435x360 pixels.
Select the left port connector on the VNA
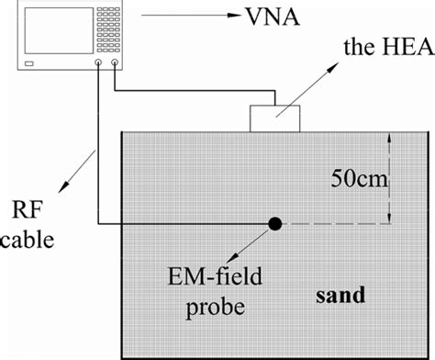pyautogui.click(x=98, y=65)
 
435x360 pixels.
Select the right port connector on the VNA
pyautogui.click(x=114, y=65)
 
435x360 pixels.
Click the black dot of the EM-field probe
pyautogui.click(x=273, y=223)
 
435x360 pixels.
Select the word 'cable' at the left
pyautogui.click(x=28, y=242)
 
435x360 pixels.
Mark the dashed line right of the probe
pyautogui.click(x=335, y=223)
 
